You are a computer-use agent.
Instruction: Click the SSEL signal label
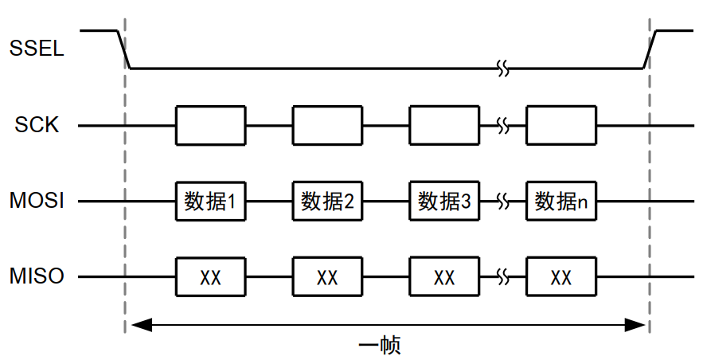[x=37, y=49]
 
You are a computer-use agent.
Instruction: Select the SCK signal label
[x=37, y=125]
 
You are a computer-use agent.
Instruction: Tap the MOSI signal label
[x=37, y=202]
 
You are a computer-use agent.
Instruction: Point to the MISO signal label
[x=37, y=277]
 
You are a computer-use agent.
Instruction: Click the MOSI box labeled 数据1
[x=210, y=202]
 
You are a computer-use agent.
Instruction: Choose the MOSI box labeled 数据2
[x=327, y=202]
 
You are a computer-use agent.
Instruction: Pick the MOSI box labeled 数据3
[x=444, y=202]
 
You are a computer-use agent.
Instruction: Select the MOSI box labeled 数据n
[x=561, y=202]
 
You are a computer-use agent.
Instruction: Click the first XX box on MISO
[x=210, y=277]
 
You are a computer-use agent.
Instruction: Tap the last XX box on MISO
[x=561, y=277]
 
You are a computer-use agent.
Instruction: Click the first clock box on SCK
[x=210, y=125]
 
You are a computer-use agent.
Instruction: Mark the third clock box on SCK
[x=444, y=125]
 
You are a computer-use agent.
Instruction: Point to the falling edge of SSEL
[x=124, y=49]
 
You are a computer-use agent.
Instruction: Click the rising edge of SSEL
[x=650, y=49]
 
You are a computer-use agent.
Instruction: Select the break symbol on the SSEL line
[x=502, y=68]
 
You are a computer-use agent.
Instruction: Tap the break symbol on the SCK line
[x=502, y=125]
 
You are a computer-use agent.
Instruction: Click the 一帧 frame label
[x=379, y=346]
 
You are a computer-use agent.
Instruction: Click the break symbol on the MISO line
[x=502, y=277]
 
